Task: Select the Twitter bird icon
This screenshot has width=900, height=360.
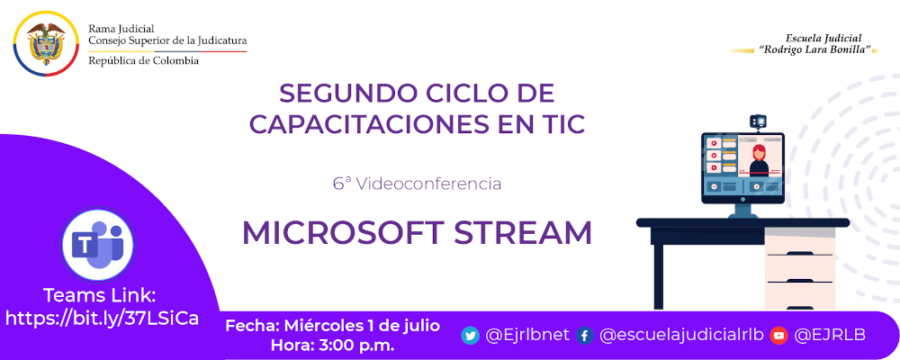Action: point(470,335)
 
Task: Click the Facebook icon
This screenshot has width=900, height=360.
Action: point(584,335)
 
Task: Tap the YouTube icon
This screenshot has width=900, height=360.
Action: point(778,335)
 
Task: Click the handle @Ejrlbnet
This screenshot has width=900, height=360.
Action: point(527,335)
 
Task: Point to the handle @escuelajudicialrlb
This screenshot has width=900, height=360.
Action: point(681,335)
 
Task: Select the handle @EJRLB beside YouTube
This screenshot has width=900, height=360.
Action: point(830,335)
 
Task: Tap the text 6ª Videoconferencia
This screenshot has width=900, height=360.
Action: point(417,184)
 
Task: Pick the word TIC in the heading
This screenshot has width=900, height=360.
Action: point(562,124)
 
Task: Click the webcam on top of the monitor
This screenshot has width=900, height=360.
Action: point(758,121)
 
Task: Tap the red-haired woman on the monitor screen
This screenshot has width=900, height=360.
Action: point(759,158)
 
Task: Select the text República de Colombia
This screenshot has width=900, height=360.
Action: point(144,60)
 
